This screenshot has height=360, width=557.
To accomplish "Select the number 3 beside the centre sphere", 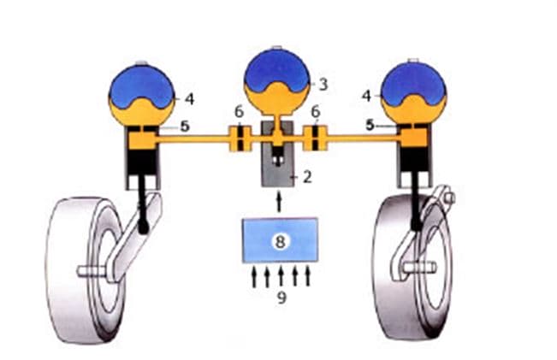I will (x=323, y=84).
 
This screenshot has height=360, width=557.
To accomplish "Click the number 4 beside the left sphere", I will (x=189, y=99).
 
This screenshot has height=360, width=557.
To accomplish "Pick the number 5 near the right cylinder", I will (x=370, y=125).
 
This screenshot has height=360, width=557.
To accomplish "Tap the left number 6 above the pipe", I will (x=240, y=112).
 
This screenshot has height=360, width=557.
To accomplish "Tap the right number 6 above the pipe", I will (x=316, y=112).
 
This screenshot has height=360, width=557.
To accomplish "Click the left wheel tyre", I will (x=73, y=257).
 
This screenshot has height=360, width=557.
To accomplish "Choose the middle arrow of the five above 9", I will (x=281, y=276).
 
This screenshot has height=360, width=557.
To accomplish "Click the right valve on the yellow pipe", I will (x=317, y=139).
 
